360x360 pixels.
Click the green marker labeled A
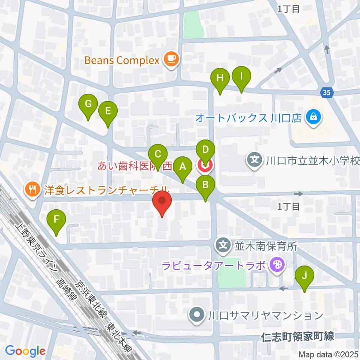(x=183, y=166)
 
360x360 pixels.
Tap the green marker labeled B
(x=206, y=184)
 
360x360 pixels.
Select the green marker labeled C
(x=158, y=154)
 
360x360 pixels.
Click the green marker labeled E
(x=108, y=111)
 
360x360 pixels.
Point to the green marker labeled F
(x=57, y=219)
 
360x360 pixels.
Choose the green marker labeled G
(x=88, y=104)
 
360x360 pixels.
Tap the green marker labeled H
(x=220, y=78)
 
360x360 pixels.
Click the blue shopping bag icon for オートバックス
(x=312, y=118)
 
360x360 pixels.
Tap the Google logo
(x=25, y=351)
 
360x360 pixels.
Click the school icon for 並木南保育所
(x=223, y=246)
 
